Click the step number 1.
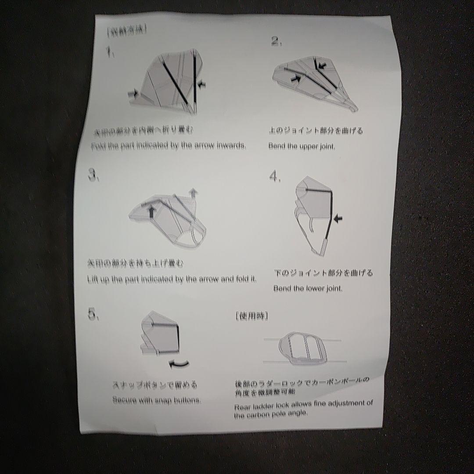pos(110,54)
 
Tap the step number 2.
pos(276,42)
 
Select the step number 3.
pos(93,176)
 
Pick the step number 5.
pos(93,315)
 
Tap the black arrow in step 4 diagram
pos(338,218)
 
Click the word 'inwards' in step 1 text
pos(231,146)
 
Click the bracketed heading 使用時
pos(251,316)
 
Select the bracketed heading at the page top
pos(126,31)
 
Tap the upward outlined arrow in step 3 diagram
pos(193,192)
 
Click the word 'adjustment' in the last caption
pos(344,403)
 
